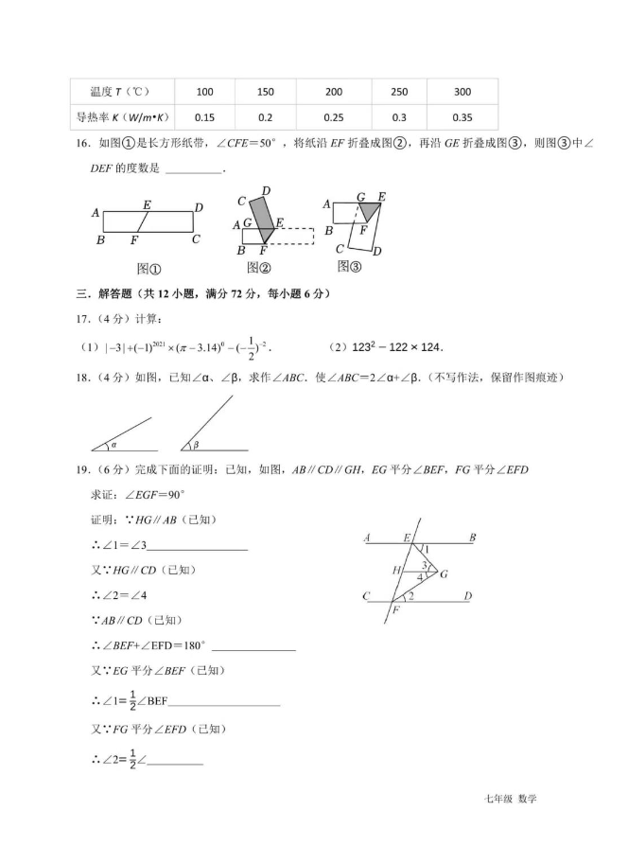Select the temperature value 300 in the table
[x=462, y=92]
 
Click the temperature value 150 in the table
[x=266, y=92]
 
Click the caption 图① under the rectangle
[x=148, y=268]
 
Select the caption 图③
[x=350, y=266]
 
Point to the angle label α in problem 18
[x=113, y=443]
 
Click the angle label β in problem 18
[x=196, y=444]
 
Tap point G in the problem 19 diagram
[x=444, y=574]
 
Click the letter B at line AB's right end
[x=471, y=538]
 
